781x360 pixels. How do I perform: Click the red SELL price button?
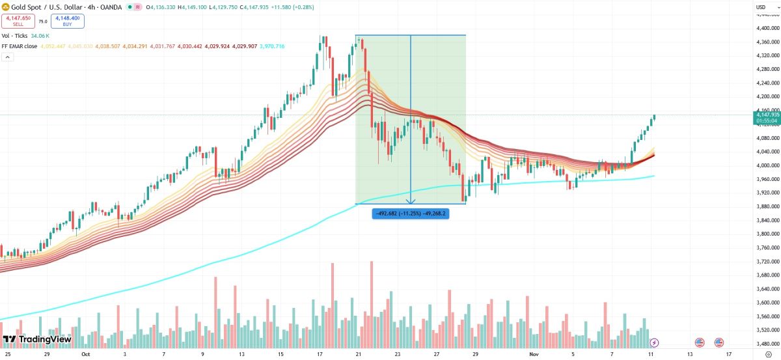pos(18,21)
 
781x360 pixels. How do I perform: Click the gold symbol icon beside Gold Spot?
pos(6,7)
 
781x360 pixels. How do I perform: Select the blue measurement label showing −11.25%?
pos(410,213)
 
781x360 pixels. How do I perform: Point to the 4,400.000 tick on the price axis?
pos(767,28)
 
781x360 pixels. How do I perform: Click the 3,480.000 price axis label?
pos(767,343)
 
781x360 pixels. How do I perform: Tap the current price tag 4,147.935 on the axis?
pos(767,115)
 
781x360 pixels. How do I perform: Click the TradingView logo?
pos(37,339)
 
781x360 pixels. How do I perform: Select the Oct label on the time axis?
pos(85,355)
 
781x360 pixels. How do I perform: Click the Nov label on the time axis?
pos(534,355)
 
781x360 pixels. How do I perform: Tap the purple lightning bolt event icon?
pos(655,342)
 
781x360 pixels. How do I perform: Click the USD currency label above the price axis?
pos(760,7)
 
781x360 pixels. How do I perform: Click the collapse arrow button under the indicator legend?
pos(7,57)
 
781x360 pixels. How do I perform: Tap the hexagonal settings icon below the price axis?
pos(769,355)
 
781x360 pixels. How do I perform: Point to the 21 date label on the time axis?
pos(358,355)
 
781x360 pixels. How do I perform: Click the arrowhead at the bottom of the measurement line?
pos(411,201)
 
